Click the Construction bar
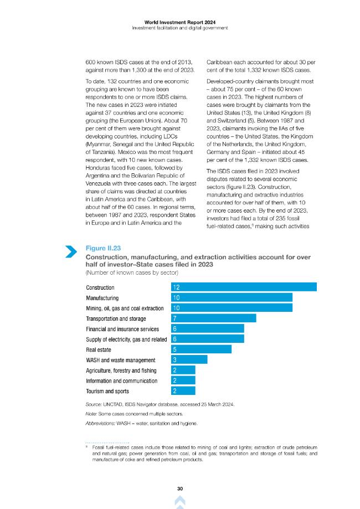pyautogui.click(x=244, y=287)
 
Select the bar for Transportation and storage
pyautogui.click(x=214, y=318)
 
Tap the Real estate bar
pyautogui.click(x=201, y=349)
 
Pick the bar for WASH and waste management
pyautogui.click(x=189, y=359)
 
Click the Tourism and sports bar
pyautogui.click(x=183, y=391)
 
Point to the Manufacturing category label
pyautogui.click(x=102, y=298)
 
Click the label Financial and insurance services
pyautogui.click(x=122, y=329)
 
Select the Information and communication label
pyautogui.click(x=122, y=381)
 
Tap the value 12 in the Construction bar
pyautogui.click(x=176, y=287)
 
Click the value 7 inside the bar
pyautogui.click(x=174, y=318)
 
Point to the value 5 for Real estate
pyautogui.click(x=174, y=349)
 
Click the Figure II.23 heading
pyautogui.click(x=103, y=248)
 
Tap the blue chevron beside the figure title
pyautogui.click(x=71, y=251)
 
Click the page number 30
pyautogui.click(x=180, y=489)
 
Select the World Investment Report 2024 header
pyautogui.click(x=180, y=22)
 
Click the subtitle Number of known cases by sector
pyautogui.click(x=132, y=273)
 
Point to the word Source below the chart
pyautogui.click(x=94, y=404)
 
